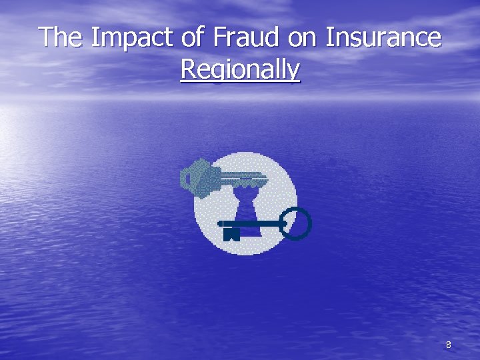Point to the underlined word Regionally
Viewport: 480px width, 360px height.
pyautogui.click(x=240, y=69)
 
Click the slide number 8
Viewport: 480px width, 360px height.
pyautogui.click(x=448, y=345)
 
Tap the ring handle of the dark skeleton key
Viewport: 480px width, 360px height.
pyautogui.click(x=296, y=223)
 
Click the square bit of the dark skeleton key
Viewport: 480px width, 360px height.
pyautogui.click(x=231, y=234)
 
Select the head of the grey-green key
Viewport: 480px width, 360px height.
pyautogui.click(x=197, y=177)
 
